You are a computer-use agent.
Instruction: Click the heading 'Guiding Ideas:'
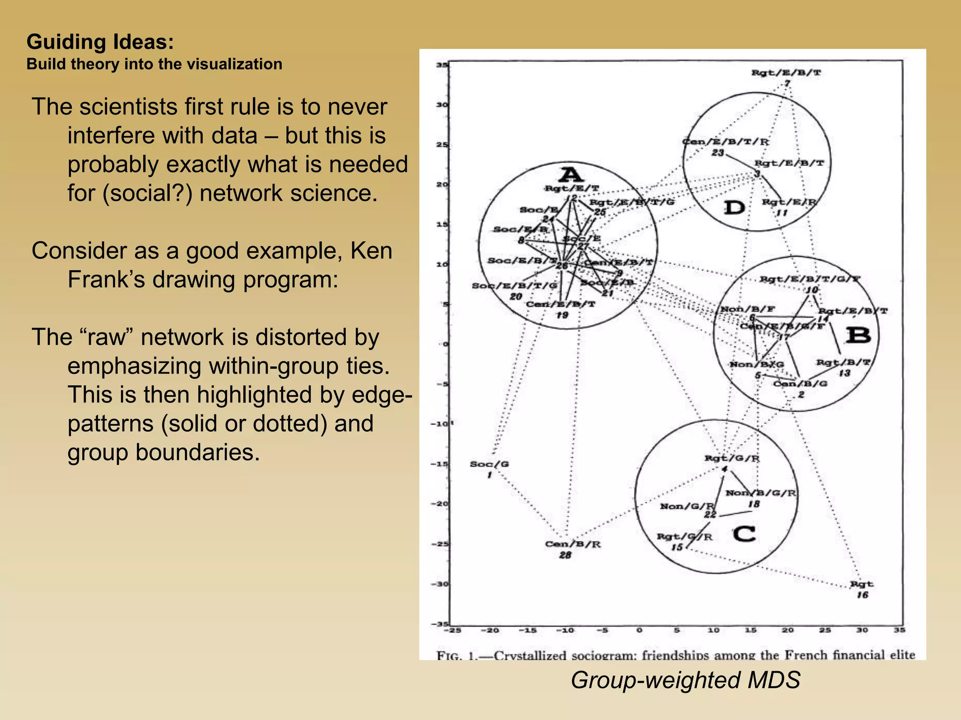(x=100, y=42)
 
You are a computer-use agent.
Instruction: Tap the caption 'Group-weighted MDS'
(x=685, y=680)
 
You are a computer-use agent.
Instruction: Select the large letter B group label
(x=858, y=336)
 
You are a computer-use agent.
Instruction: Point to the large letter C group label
(x=744, y=534)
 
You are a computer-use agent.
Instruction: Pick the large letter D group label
(x=734, y=207)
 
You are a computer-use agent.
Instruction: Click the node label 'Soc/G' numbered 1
(x=489, y=464)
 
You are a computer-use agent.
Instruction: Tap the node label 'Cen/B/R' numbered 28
(x=572, y=544)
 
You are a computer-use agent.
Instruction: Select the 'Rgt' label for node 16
(x=862, y=584)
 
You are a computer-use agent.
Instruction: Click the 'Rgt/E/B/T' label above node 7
(x=786, y=73)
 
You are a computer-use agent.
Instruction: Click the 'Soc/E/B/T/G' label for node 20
(x=514, y=285)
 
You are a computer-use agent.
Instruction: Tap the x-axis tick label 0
(x=639, y=630)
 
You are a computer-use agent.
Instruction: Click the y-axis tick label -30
(x=441, y=584)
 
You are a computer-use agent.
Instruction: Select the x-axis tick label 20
(x=787, y=630)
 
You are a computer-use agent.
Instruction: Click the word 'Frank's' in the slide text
(x=111, y=280)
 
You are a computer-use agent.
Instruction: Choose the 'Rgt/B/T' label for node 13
(x=843, y=362)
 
